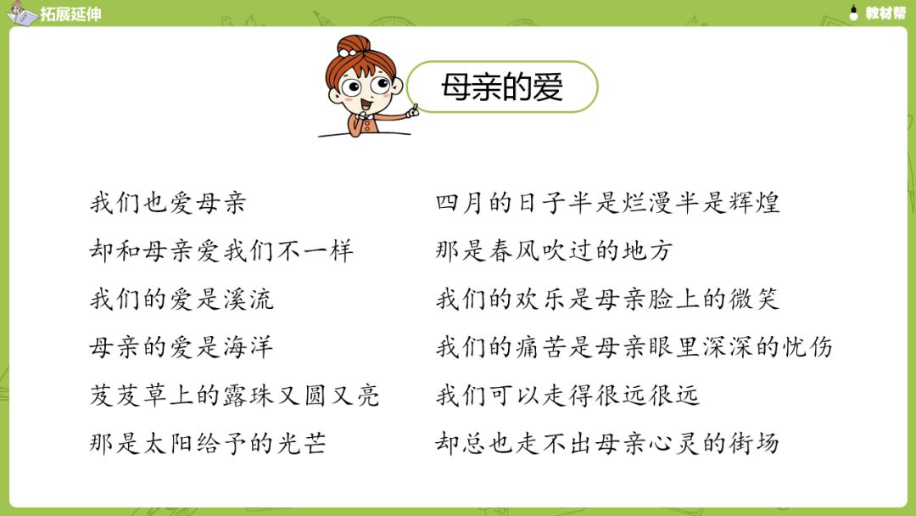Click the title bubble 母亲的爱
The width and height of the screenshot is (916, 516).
coord(502,87)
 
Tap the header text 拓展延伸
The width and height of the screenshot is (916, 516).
coord(70,14)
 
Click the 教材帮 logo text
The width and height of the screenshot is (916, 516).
coord(885,13)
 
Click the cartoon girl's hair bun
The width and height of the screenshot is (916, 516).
coord(354,45)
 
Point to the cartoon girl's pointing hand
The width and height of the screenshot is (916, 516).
coord(412,110)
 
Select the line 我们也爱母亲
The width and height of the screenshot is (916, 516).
coord(168,203)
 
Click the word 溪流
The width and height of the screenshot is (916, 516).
coord(249,300)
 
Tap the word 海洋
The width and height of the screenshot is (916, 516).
coord(249,347)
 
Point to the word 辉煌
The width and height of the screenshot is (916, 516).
coord(755,203)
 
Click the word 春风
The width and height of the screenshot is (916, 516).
coord(513,250)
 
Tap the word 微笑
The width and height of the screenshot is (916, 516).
coord(755,300)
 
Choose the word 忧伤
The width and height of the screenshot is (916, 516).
coord(808,347)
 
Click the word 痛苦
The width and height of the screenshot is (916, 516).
coord(540,347)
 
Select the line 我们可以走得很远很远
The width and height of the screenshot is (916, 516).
coord(567,395)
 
